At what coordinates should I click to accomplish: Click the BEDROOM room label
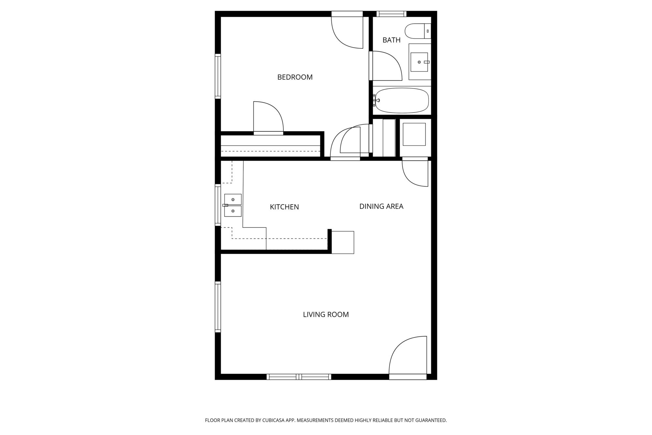[295, 77]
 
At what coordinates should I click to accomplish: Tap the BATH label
[391, 40]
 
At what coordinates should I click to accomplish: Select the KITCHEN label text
[284, 207]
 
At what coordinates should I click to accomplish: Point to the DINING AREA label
[381, 206]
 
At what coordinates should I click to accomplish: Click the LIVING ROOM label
[326, 315]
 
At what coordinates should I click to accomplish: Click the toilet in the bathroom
[418, 31]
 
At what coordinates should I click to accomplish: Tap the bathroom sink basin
[419, 62]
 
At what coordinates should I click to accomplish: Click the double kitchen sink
[233, 205]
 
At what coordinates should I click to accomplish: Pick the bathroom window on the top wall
[391, 14]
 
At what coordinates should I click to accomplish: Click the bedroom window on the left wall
[218, 76]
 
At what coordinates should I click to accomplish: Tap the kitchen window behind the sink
[218, 205]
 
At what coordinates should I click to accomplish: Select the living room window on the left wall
[218, 307]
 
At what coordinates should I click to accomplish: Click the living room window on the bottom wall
[299, 377]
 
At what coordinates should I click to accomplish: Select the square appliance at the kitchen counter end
[343, 242]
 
